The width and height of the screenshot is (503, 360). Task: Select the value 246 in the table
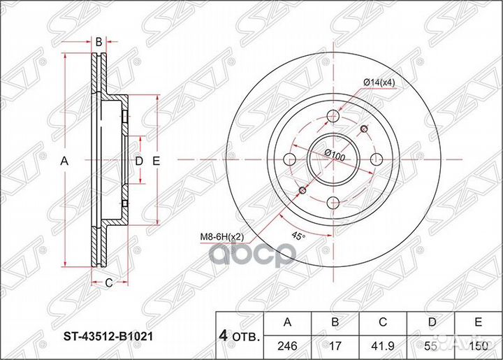(x=287, y=345)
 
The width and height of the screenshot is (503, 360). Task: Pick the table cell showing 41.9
(x=383, y=345)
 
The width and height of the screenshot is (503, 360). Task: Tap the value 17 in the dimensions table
(x=335, y=345)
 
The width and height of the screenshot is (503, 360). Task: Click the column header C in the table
(x=383, y=322)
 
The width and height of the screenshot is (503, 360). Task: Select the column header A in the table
(x=287, y=322)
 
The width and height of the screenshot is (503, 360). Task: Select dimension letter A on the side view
(x=64, y=161)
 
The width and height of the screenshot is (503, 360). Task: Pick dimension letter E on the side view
(x=156, y=161)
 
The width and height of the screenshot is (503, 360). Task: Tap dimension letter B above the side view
(x=99, y=42)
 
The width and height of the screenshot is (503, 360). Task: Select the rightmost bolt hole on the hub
(x=376, y=158)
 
